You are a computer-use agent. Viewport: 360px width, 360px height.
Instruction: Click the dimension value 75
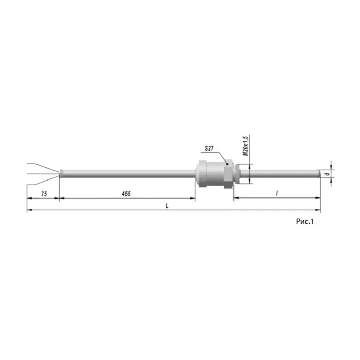click(x=44, y=194)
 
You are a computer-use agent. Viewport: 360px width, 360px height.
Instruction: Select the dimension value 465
click(x=126, y=194)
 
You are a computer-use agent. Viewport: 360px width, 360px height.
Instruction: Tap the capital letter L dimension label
click(x=167, y=206)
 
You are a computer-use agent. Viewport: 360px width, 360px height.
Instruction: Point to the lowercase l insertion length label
click(x=277, y=193)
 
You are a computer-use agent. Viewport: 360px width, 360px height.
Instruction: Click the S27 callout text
click(x=209, y=148)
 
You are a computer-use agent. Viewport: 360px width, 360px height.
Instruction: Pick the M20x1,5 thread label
click(x=246, y=146)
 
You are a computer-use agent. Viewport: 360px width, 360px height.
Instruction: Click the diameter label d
click(x=328, y=174)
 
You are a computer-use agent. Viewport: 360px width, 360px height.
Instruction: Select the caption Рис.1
click(x=304, y=221)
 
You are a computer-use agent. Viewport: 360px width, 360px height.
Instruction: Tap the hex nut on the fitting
click(x=229, y=174)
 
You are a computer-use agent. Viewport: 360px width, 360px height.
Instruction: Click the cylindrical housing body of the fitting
click(x=210, y=174)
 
